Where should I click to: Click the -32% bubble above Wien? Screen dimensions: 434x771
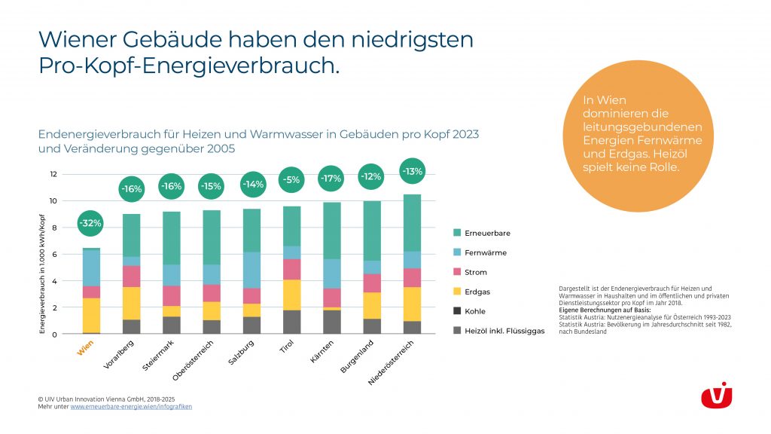coord(91,223)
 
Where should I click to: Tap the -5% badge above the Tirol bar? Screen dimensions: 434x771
coord(291,180)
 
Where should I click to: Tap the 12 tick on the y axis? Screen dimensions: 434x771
coord(53,174)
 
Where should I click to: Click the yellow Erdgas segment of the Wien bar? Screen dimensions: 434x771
coord(91,315)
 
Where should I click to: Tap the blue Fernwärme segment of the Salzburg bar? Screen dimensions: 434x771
coord(251,270)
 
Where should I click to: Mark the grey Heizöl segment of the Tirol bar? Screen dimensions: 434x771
coord(291,322)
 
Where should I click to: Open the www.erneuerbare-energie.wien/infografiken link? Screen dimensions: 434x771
coord(131,407)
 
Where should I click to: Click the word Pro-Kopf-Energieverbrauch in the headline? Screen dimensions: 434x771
coord(187,66)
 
